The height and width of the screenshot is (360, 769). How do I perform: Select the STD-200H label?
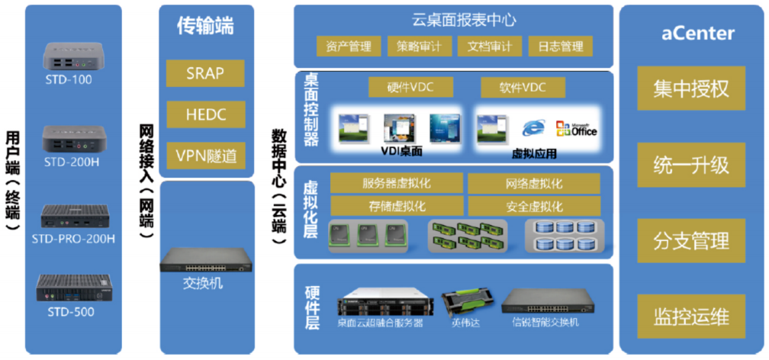pyautogui.click(x=72, y=162)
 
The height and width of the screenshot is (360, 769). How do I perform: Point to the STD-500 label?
pyautogui.click(x=71, y=312)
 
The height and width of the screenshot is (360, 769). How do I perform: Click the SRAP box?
pyautogui.click(x=204, y=73)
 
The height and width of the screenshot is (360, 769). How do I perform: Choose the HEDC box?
pyautogui.click(x=204, y=114)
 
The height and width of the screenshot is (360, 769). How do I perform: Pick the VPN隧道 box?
pyautogui.click(x=204, y=156)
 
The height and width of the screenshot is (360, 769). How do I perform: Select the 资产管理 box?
pyautogui.click(x=348, y=47)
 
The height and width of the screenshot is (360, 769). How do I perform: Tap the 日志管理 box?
pyautogui.click(x=560, y=47)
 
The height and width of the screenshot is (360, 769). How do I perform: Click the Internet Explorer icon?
pyautogui.click(x=532, y=128)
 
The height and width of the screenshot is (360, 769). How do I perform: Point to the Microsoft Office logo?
pyautogui.click(x=576, y=128)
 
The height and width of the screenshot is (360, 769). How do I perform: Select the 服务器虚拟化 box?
pyautogui.click(x=397, y=184)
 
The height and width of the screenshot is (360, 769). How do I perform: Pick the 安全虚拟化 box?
pyautogui.click(x=534, y=206)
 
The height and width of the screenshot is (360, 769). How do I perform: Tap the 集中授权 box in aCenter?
pyautogui.click(x=690, y=89)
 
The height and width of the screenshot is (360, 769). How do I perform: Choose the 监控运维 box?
pyautogui.click(x=690, y=317)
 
